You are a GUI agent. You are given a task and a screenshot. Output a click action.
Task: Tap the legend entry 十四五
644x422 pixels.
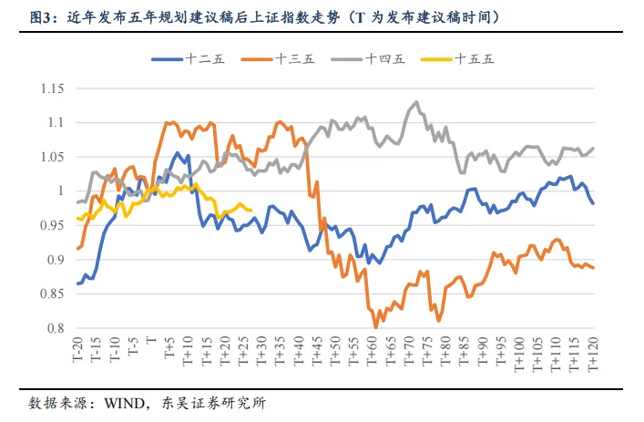[383, 59]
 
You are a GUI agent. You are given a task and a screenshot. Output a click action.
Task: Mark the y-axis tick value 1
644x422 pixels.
[61, 191]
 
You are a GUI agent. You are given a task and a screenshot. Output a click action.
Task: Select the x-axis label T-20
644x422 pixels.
[78, 352]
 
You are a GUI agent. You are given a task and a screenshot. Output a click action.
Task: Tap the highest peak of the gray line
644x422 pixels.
[416, 102]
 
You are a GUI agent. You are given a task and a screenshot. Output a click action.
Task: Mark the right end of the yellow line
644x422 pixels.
[251, 210]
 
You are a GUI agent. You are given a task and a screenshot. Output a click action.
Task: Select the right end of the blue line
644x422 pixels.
[594, 203]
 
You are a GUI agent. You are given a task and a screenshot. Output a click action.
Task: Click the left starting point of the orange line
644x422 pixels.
[77, 249]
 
